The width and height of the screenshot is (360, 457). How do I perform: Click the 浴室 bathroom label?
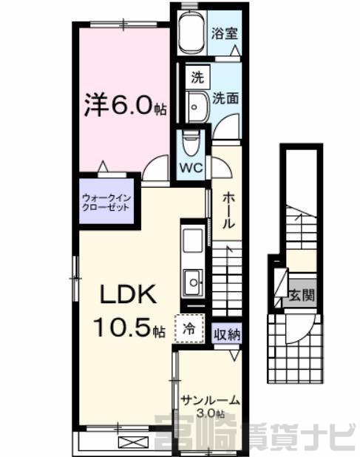(x=224, y=33)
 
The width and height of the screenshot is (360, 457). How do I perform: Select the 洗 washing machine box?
(x=197, y=78)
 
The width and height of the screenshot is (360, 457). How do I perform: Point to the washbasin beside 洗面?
(x=197, y=106)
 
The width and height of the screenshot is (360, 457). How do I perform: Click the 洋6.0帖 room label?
(x=125, y=105)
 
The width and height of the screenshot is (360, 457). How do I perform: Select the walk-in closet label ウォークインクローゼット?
(x=106, y=203)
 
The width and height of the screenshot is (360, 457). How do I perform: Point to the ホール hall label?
(x=228, y=211)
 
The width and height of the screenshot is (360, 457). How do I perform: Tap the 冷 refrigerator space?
(x=190, y=329)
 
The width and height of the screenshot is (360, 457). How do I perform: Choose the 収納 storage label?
(x=227, y=335)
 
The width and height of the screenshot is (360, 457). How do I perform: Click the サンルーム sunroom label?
(x=211, y=401)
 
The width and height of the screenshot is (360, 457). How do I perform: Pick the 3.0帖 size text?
(x=210, y=413)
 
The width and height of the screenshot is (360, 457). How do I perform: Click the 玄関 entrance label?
(x=302, y=295)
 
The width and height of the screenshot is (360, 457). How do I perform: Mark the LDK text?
(x=128, y=294)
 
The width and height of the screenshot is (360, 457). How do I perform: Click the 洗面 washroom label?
(x=225, y=98)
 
